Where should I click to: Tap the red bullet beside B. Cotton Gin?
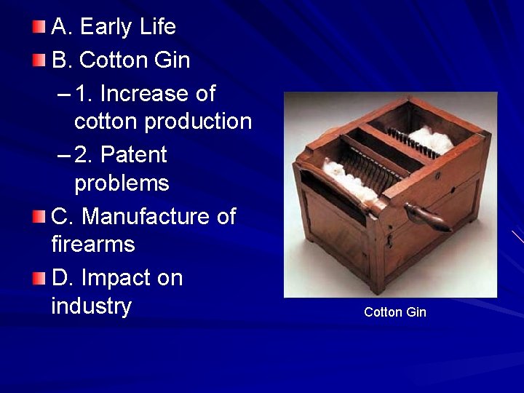pos(39,60)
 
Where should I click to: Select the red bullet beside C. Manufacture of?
pos(39,216)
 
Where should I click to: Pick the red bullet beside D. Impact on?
pos(39,278)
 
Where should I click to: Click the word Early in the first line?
pos(106,27)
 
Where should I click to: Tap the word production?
pos(198,121)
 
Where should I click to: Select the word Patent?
pos(134,154)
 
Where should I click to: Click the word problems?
pos(122,183)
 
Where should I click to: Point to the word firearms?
pos(93,244)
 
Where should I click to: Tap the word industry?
pos(91,306)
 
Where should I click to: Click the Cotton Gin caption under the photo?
pos(394,312)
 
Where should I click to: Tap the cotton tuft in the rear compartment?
pos(431,139)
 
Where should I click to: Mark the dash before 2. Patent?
pos(63,155)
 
